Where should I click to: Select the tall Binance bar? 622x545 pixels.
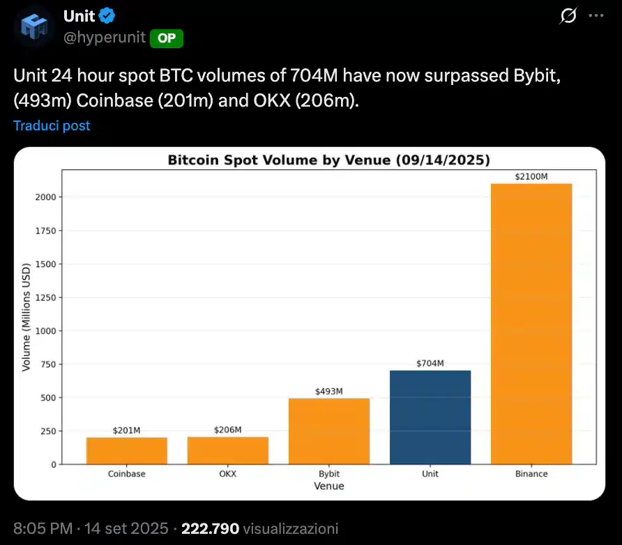[x=531, y=324]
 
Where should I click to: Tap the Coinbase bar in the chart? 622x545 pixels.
[x=127, y=451]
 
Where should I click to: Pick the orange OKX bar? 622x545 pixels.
[x=228, y=450]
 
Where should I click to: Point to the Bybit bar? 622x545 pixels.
[x=329, y=431]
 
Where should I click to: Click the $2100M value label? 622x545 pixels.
[x=531, y=176]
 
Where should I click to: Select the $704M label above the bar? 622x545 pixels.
[x=430, y=363]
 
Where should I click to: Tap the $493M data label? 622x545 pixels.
[x=329, y=391]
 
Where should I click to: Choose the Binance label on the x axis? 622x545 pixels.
[x=531, y=474]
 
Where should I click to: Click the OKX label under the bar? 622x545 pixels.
[x=228, y=474]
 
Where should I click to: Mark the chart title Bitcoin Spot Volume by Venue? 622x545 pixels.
[x=328, y=160]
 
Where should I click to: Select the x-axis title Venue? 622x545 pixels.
[x=328, y=486]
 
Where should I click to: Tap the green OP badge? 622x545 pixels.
[x=167, y=39]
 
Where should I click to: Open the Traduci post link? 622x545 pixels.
[x=52, y=125]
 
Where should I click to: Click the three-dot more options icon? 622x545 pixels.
[x=597, y=15]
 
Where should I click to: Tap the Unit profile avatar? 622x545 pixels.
[x=34, y=28]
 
